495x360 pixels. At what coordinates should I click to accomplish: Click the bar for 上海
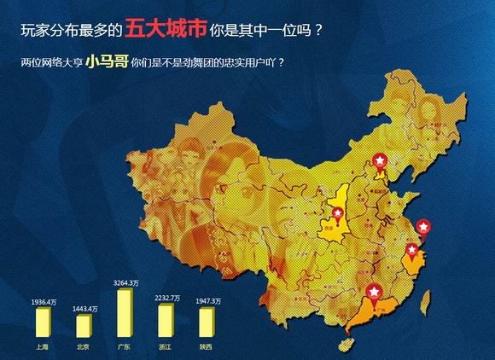[43, 323]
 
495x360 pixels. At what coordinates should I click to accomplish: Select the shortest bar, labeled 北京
[83, 327]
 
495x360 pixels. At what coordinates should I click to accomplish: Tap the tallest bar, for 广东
[125, 313]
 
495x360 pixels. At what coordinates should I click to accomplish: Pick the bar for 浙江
[166, 322]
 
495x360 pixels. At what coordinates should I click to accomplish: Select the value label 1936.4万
[43, 302]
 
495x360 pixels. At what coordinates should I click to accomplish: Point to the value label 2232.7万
[166, 299]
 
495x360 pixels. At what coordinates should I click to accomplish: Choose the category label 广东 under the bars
[125, 347]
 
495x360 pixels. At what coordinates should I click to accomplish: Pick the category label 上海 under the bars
[43, 347]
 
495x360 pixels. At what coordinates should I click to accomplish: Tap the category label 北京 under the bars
[83, 347]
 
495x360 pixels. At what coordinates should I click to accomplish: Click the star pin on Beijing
[381, 160]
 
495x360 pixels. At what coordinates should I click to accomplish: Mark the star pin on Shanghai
[422, 227]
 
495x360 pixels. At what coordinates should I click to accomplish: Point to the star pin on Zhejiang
[414, 251]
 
